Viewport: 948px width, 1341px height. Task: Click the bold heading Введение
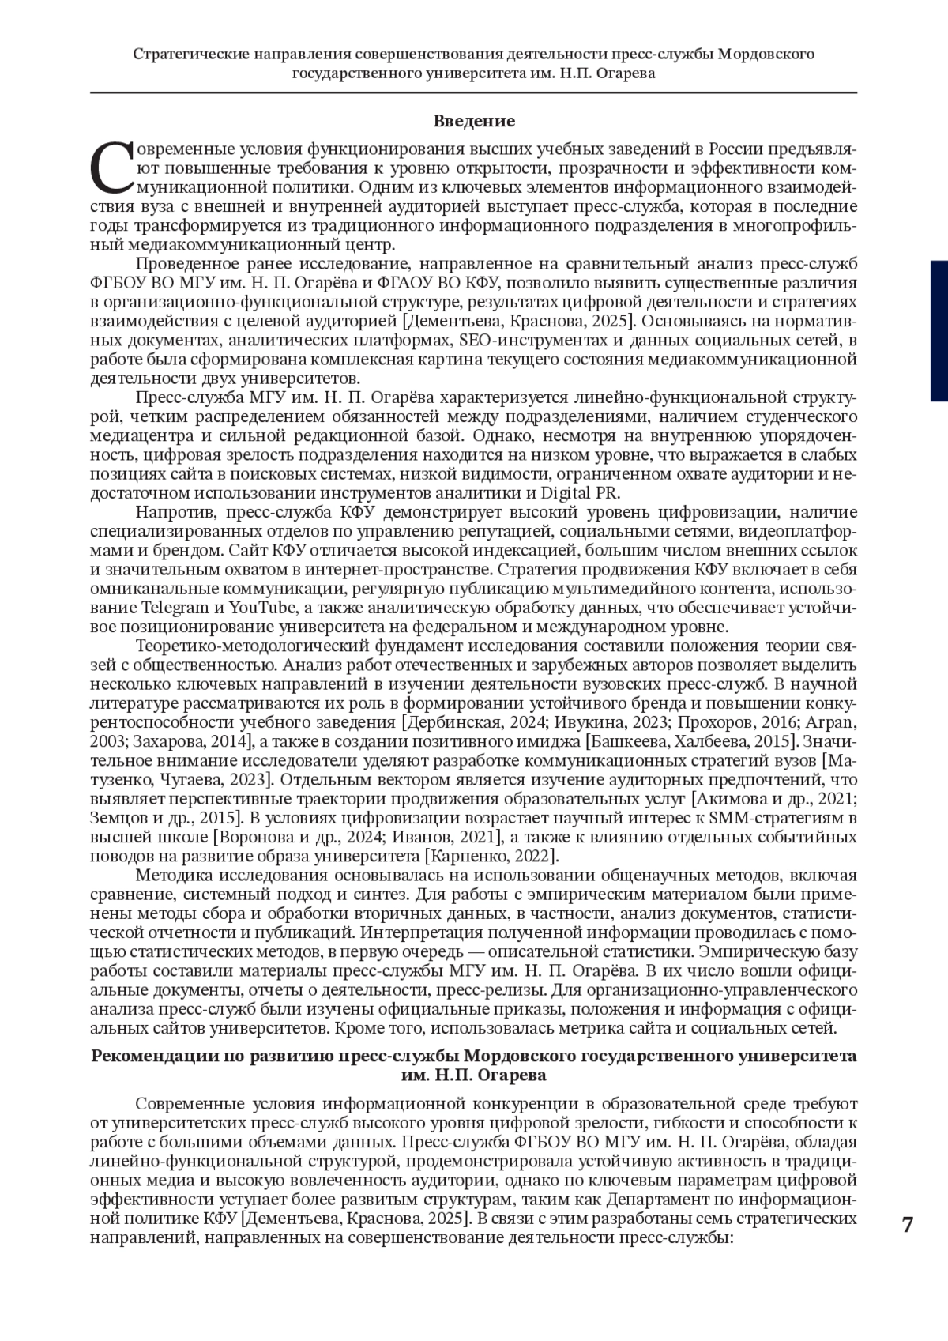pos(474,121)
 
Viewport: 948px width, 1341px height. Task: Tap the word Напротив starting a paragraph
pos(170,513)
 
